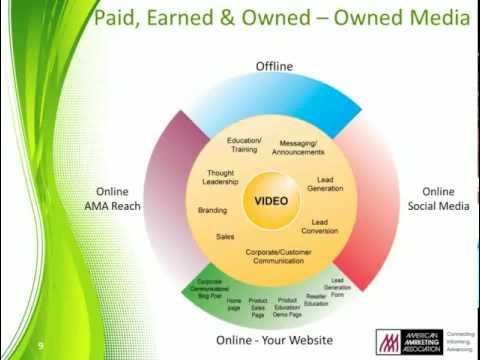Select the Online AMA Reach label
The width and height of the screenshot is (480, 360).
(117, 199)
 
